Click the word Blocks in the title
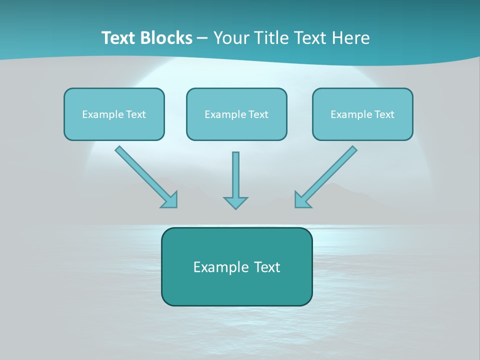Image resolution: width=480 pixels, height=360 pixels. coord(167,38)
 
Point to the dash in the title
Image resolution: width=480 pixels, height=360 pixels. coord(203,38)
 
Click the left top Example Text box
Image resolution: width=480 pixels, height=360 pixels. coord(114,114)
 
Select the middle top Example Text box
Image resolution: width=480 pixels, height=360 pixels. coord(236,114)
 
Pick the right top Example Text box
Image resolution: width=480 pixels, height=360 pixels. coord(362,114)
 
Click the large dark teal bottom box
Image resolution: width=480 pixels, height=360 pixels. coord(236,266)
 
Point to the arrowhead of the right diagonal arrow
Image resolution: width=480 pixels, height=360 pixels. coord(302,199)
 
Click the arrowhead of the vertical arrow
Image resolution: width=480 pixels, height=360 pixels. coord(235,202)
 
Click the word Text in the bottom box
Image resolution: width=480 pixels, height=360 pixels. coord(267,267)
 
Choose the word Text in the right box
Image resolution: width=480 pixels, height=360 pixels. coord(384,114)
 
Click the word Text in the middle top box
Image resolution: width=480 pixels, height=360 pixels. coord(258,114)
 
